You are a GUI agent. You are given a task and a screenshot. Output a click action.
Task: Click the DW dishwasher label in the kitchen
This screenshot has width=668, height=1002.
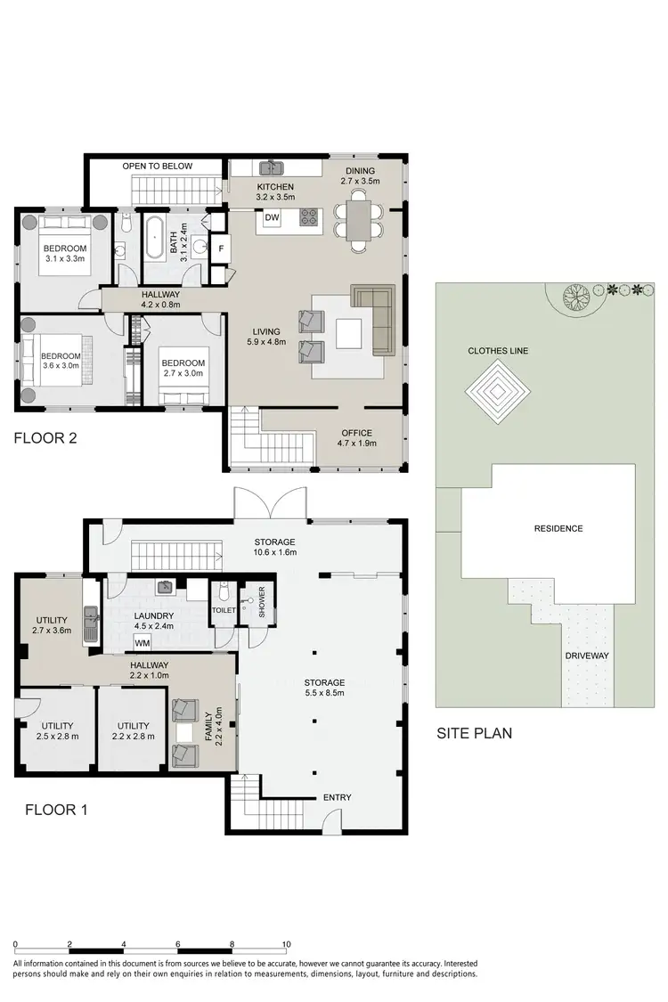[x=273, y=218]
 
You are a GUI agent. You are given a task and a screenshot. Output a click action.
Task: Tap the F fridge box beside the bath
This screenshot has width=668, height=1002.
[x=221, y=248]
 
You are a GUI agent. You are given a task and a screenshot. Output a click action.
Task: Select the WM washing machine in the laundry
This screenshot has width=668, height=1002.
[x=143, y=642]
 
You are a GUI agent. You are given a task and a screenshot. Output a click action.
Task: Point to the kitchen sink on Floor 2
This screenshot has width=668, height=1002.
[x=269, y=167]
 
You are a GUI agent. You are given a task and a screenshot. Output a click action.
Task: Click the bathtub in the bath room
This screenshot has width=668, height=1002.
[x=158, y=238]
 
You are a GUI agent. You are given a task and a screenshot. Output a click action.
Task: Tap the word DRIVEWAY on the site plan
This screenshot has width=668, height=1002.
[x=586, y=656]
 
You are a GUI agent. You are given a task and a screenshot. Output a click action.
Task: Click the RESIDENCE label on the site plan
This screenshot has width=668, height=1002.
[x=558, y=528]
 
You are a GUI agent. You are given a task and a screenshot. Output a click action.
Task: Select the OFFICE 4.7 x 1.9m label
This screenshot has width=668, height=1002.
[x=356, y=438]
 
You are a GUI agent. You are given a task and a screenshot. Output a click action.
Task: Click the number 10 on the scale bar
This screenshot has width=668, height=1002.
[x=286, y=944]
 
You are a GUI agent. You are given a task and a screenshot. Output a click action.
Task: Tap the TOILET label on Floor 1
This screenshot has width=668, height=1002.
[x=223, y=610]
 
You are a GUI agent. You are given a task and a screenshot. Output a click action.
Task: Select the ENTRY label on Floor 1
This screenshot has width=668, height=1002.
[x=337, y=797]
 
